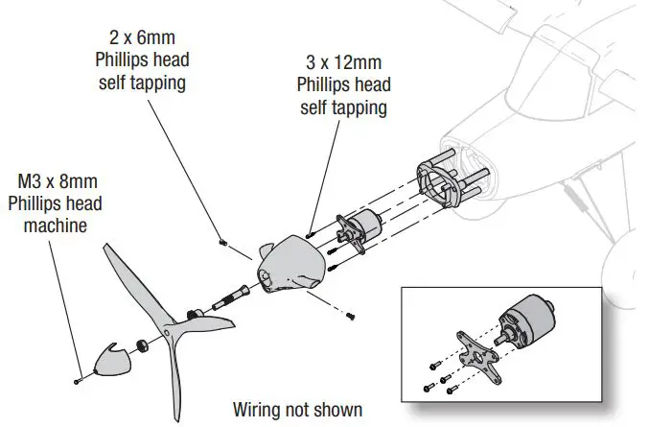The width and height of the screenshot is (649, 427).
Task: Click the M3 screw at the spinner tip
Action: click(x=77, y=382)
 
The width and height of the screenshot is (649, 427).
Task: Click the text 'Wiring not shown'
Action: click(x=297, y=410)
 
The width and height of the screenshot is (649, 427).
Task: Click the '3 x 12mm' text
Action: click(x=342, y=62)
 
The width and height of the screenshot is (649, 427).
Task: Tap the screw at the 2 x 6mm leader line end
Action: click(x=221, y=242)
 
